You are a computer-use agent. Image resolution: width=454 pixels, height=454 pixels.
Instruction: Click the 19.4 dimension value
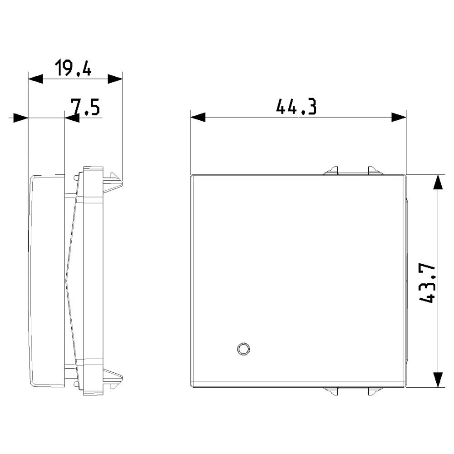tap(73, 68)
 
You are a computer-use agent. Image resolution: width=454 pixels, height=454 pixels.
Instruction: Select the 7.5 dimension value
tap(85, 107)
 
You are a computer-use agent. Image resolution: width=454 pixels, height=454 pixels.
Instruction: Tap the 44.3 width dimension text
tap(296, 107)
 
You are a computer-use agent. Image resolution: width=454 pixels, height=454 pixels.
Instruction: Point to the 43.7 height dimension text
tap(427, 283)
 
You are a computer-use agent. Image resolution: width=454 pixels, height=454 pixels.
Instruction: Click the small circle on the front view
tap(243, 349)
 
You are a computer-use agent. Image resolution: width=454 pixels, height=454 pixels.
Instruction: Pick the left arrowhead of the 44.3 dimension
tap(198, 117)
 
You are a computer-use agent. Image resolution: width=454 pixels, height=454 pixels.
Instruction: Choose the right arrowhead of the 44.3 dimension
tap(399, 117)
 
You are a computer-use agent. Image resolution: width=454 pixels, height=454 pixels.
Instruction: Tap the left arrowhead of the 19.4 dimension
tap(35, 79)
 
